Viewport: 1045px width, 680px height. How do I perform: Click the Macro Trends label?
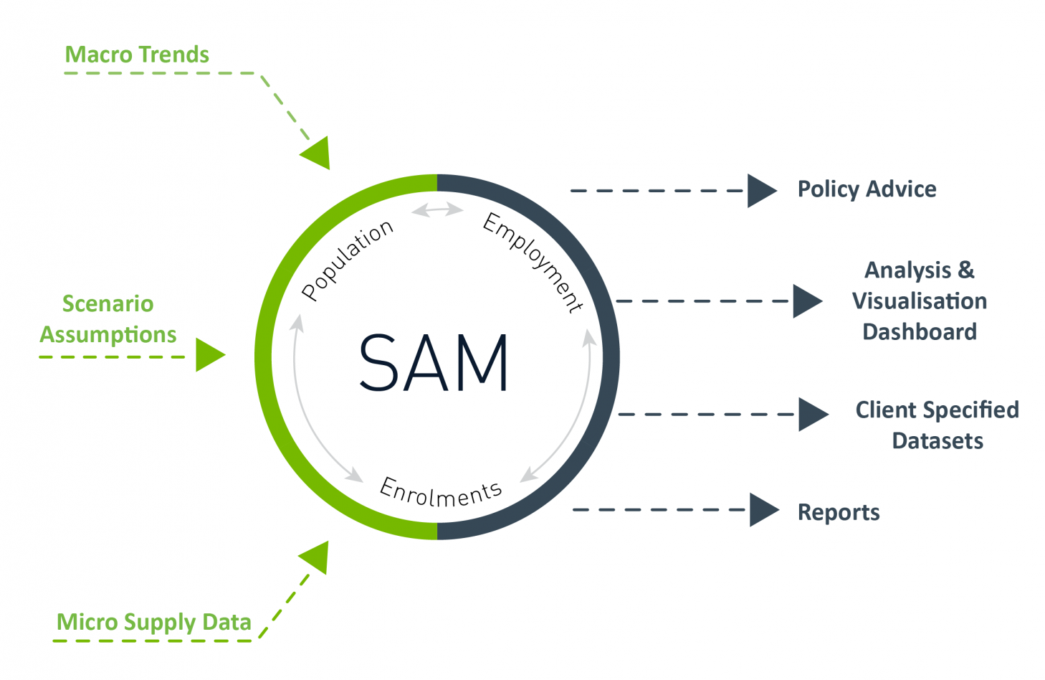[137, 55]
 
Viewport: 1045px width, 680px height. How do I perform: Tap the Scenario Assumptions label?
[108, 319]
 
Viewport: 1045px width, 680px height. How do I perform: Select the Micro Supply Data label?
[153, 622]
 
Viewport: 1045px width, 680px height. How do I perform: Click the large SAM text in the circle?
[434, 363]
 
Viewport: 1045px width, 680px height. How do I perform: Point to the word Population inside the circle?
[347, 260]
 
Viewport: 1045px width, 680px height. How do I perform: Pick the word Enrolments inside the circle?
[440, 492]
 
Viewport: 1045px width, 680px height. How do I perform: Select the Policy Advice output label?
[867, 189]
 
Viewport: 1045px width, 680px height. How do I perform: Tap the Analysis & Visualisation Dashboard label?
[919, 301]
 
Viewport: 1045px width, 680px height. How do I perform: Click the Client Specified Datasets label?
[937, 425]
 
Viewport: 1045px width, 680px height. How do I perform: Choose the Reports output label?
[839, 512]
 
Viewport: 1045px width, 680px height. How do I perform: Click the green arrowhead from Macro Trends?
[318, 154]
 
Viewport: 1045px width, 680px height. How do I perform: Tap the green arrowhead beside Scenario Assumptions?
[209, 355]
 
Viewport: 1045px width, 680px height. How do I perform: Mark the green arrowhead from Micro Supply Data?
[316, 556]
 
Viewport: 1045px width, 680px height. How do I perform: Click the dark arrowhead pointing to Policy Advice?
[760, 191]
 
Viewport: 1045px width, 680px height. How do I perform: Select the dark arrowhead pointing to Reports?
[763, 510]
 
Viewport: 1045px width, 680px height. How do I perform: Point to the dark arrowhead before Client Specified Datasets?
[812, 415]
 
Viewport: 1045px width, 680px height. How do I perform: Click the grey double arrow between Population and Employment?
[437, 209]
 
